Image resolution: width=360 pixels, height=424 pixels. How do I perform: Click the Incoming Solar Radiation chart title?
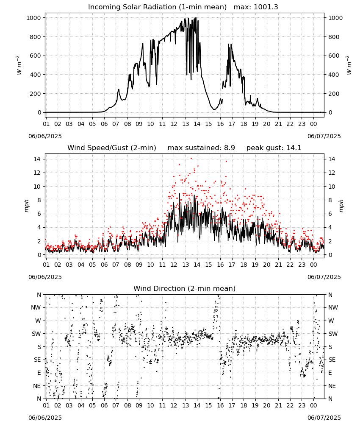(x=157, y=7)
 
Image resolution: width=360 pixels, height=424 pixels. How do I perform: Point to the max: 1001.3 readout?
(x=256, y=7)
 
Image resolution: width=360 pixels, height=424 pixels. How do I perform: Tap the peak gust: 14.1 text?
(x=274, y=148)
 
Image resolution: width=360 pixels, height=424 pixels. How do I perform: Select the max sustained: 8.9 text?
(x=201, y=148)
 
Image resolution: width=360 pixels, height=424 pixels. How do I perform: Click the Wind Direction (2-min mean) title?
(x=185, y=288)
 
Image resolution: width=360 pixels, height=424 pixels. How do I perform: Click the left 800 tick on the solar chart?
(x=35, y=37)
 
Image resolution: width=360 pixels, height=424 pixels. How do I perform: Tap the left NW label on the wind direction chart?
(x=36, y=308)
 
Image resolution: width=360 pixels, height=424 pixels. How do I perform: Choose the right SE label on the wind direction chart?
(x=332, y=360)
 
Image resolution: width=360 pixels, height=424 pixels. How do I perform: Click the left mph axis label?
(x=26, y=206)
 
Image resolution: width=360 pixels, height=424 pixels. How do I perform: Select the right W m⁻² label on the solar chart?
(x=349, y=65)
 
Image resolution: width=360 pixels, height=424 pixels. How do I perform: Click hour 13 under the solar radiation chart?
(x=186, y=124)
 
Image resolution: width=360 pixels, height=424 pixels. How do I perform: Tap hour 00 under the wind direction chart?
(x=313, y=406)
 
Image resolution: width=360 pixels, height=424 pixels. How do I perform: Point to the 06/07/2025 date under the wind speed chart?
(x=324, y=277)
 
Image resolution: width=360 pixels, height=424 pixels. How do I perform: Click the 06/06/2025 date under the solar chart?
(x=45, y=136)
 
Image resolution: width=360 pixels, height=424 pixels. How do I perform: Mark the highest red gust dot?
(x=191, y=159)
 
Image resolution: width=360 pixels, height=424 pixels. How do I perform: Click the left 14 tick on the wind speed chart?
(x=37, y=159)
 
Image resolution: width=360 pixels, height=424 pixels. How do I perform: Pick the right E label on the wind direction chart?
(x=330, y=373)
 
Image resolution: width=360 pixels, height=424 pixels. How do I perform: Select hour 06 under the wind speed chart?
(x=104, y=265)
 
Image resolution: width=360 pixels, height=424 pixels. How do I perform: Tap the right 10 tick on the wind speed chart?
(x=332, y=187)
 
